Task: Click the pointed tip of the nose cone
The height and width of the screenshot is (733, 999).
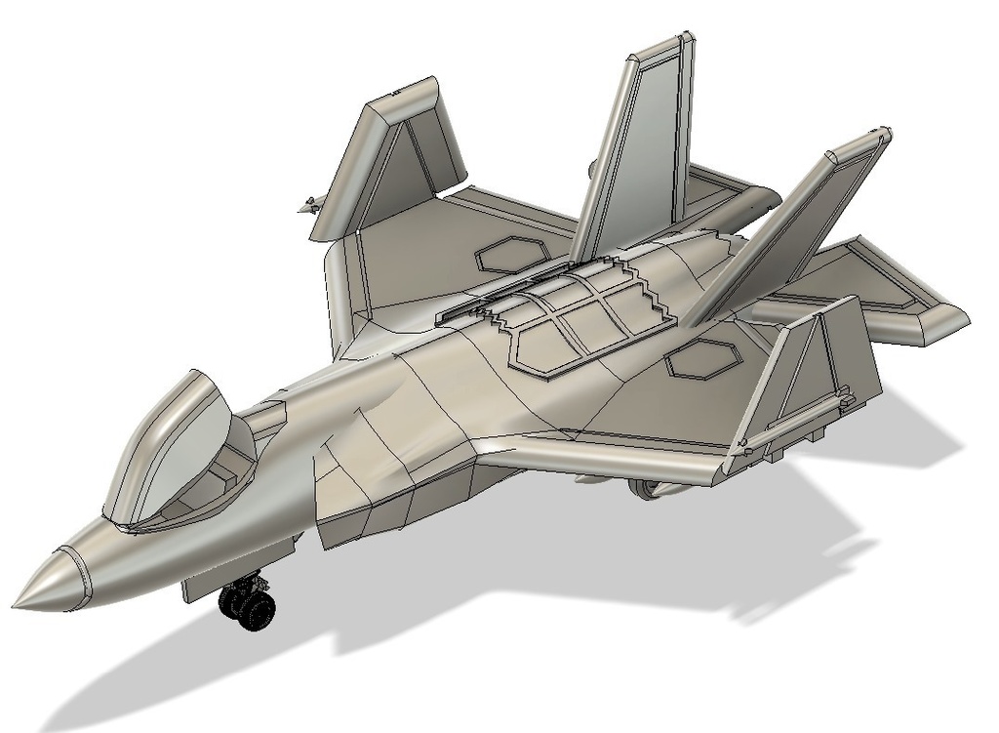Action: click(18, 604)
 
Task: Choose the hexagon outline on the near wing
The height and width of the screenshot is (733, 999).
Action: click(703, 361)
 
